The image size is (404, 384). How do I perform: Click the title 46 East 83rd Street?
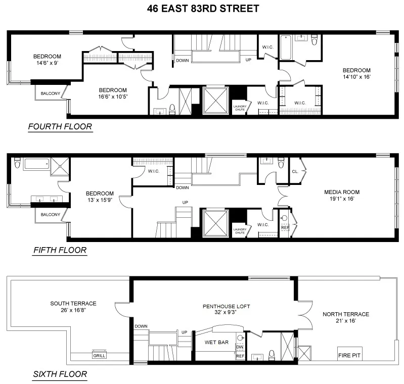pyautogui.click(x=202, y=9)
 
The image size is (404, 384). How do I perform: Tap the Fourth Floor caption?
pyautogui.click(x=60, y=126)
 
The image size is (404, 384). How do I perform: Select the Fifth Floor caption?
pyautogui.click(x=60, y=250)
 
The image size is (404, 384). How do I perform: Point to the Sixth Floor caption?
pyautogui.click(x=60, y=374)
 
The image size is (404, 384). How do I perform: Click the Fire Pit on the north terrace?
pyautogui.click(x=349, y=355)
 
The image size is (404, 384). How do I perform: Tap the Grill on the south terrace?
pyautogui.click(x=99, y=355)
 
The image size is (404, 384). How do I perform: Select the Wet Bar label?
pyautogui.click(x=214, y=343)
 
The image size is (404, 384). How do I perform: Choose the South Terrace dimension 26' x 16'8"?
pyautogui.click(x=73, y=310)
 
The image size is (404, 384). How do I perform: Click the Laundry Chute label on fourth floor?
pyautogui.click(x=240, y=108)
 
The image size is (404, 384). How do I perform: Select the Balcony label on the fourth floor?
pyautogui.click(x=50, y=93)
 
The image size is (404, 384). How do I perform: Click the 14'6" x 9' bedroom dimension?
pyautogui.click(x=48, y=63)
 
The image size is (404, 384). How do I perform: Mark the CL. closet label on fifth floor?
pyautogui.click(x=295, y=171)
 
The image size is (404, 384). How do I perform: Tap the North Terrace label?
pyautogui.click(x=346, y=314)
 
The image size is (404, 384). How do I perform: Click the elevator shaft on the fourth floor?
pyautogui.click(x=214, y=101)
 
